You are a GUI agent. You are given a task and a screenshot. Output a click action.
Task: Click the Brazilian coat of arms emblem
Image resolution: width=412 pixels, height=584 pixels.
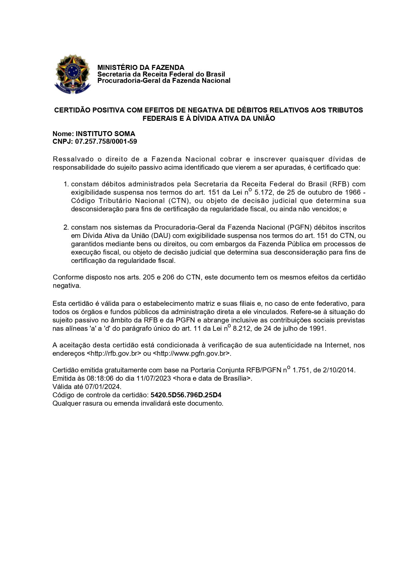(72, 74)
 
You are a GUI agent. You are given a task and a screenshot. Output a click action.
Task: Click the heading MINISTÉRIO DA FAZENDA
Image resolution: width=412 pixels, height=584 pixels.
(141, 68)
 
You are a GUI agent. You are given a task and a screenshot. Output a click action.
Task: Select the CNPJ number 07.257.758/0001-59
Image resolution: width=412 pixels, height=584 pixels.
(106, 142)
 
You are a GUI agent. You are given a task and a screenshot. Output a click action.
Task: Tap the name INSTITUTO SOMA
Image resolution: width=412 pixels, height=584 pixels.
(105, 134)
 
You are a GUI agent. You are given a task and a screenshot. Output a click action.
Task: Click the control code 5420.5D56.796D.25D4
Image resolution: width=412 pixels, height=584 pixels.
(186, 395)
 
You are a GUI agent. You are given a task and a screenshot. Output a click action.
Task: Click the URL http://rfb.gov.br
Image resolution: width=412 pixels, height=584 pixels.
(114, 353)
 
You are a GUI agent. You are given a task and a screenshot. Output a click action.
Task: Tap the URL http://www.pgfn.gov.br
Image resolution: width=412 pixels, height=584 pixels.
(191, 353)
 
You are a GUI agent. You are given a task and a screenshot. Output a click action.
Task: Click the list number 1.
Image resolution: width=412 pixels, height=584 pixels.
(66, 184)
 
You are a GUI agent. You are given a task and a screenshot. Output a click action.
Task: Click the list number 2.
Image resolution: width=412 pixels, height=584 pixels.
(66, 227)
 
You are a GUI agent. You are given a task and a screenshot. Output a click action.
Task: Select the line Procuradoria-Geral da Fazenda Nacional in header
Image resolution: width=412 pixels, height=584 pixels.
(163, 81)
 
